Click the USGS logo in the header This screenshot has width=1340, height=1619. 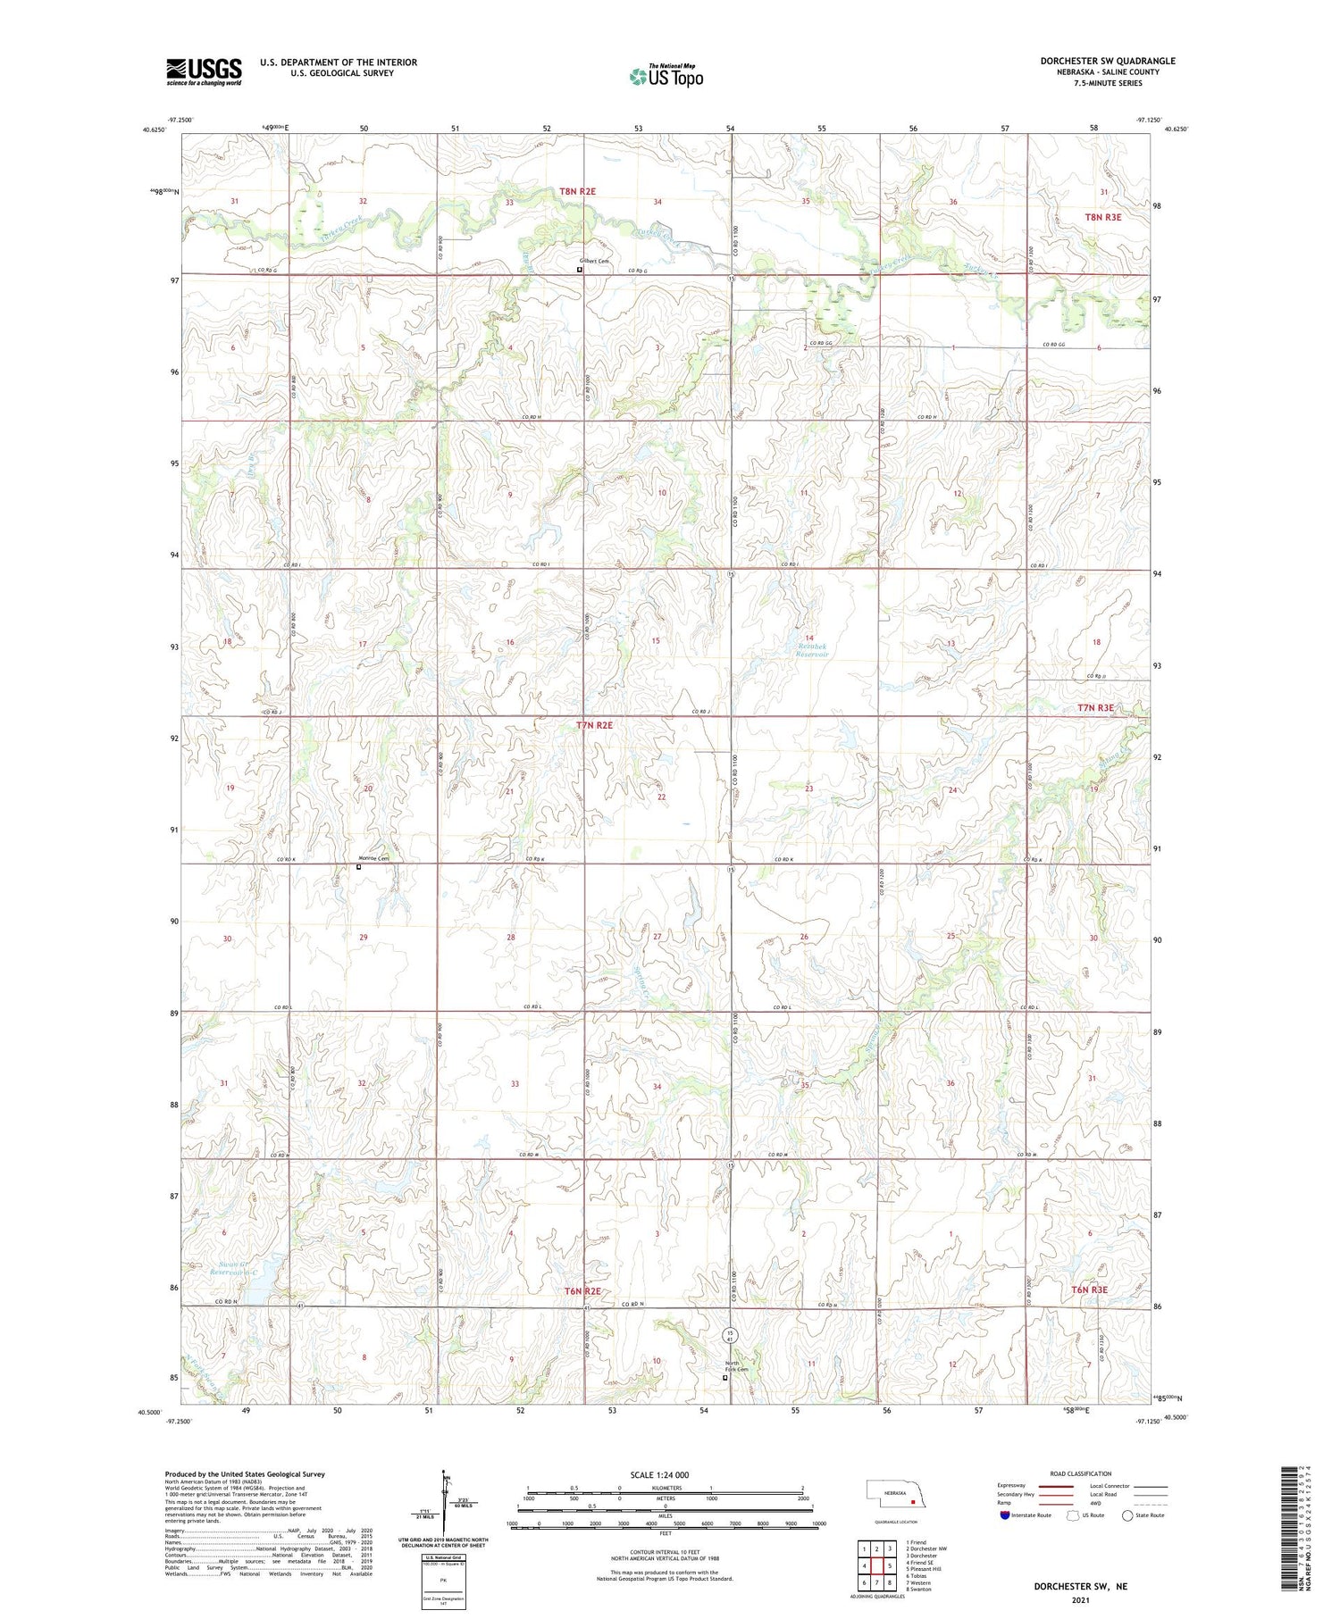[x=204, y=71]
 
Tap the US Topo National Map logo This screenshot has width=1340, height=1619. [x=666, y=76]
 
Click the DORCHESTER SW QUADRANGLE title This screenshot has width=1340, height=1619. [x=1107, y=61]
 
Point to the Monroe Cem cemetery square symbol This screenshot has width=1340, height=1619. [x=359, y=866]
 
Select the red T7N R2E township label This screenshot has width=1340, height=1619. [x=594, y=725]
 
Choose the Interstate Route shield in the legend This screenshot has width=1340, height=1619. [x=1005, y=1515]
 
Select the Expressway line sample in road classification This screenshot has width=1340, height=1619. [x=1059, y=1486]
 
